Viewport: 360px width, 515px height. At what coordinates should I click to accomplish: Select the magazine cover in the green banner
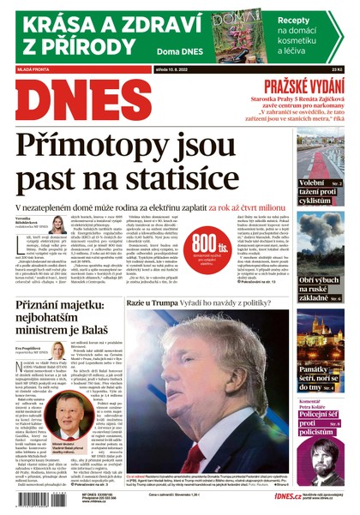(235, 32)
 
